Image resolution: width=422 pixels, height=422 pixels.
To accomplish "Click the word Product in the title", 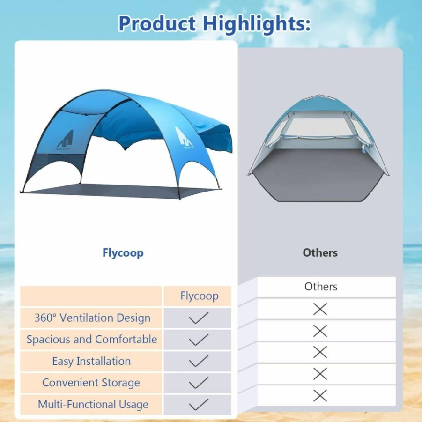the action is click(x=157, y=24).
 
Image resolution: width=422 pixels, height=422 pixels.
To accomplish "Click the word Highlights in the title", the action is click(x=257, y=24).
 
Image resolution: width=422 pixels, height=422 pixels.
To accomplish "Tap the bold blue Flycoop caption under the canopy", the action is click(x=123, y=253).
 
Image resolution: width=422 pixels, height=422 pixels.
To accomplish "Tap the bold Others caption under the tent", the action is click(x=320, y=253).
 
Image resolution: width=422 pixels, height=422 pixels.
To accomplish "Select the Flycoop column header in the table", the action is click(x=200, y=296).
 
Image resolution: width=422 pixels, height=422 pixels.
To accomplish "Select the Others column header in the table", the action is click(x=321, y=287).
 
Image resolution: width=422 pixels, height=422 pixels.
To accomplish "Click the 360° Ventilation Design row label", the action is click(x=92, y=318).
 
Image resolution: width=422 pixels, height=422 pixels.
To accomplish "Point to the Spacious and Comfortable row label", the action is click(x=92, y=340).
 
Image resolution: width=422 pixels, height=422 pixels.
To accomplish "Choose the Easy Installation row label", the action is click(x=91, y=361).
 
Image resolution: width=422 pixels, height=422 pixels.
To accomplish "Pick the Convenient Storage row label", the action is click(x=91, y=383).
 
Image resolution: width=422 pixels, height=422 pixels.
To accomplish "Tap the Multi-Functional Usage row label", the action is click(x=93, y=405).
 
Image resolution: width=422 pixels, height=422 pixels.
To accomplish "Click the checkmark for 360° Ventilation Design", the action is click(x=199, y=318).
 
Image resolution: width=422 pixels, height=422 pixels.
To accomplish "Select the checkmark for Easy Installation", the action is click(x=199, y=361).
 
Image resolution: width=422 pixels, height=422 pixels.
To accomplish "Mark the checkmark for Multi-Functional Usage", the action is click(x=199, y=405).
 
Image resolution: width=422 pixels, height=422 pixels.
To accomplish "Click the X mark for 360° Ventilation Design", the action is click(x=320, y=309).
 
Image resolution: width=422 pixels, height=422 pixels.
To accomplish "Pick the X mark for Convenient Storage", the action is click(x=320, y=374).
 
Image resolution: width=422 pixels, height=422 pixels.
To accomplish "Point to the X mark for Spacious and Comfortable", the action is click(x=320, y=331).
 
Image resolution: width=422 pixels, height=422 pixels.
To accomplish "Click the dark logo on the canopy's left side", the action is click(x=65, y=140).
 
